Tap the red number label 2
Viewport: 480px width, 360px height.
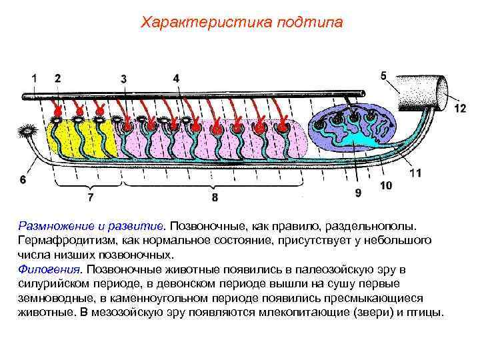coord(58,78)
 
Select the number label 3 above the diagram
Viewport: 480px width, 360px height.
coord(124,79)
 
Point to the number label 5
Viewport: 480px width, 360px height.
coord(176,78)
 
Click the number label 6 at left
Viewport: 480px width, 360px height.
coord(383,75)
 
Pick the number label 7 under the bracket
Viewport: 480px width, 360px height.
coord(23,179)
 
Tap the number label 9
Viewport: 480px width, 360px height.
coord(214,197)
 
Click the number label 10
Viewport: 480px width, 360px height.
coord(358,193)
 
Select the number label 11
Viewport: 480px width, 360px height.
coord(385,185)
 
